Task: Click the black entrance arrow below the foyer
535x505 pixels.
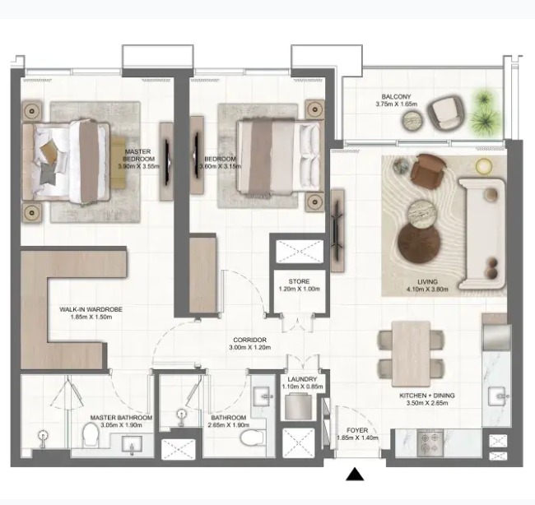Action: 355,475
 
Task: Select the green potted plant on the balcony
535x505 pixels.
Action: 486,112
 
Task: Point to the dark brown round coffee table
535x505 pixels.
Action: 419,243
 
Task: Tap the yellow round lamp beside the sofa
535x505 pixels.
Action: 484,166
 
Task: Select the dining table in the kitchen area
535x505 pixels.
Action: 412,354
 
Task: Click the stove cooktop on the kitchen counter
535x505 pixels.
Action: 430,442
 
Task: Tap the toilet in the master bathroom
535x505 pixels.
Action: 91,434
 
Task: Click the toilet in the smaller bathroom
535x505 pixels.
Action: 252,438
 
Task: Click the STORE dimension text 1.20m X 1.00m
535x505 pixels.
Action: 300,289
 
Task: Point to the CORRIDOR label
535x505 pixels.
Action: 249,340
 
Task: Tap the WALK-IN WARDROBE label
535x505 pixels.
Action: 91,309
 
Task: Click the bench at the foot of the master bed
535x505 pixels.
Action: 118,162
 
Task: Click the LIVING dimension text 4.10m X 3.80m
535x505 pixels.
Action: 427,290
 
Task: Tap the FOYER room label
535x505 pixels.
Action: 357,430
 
